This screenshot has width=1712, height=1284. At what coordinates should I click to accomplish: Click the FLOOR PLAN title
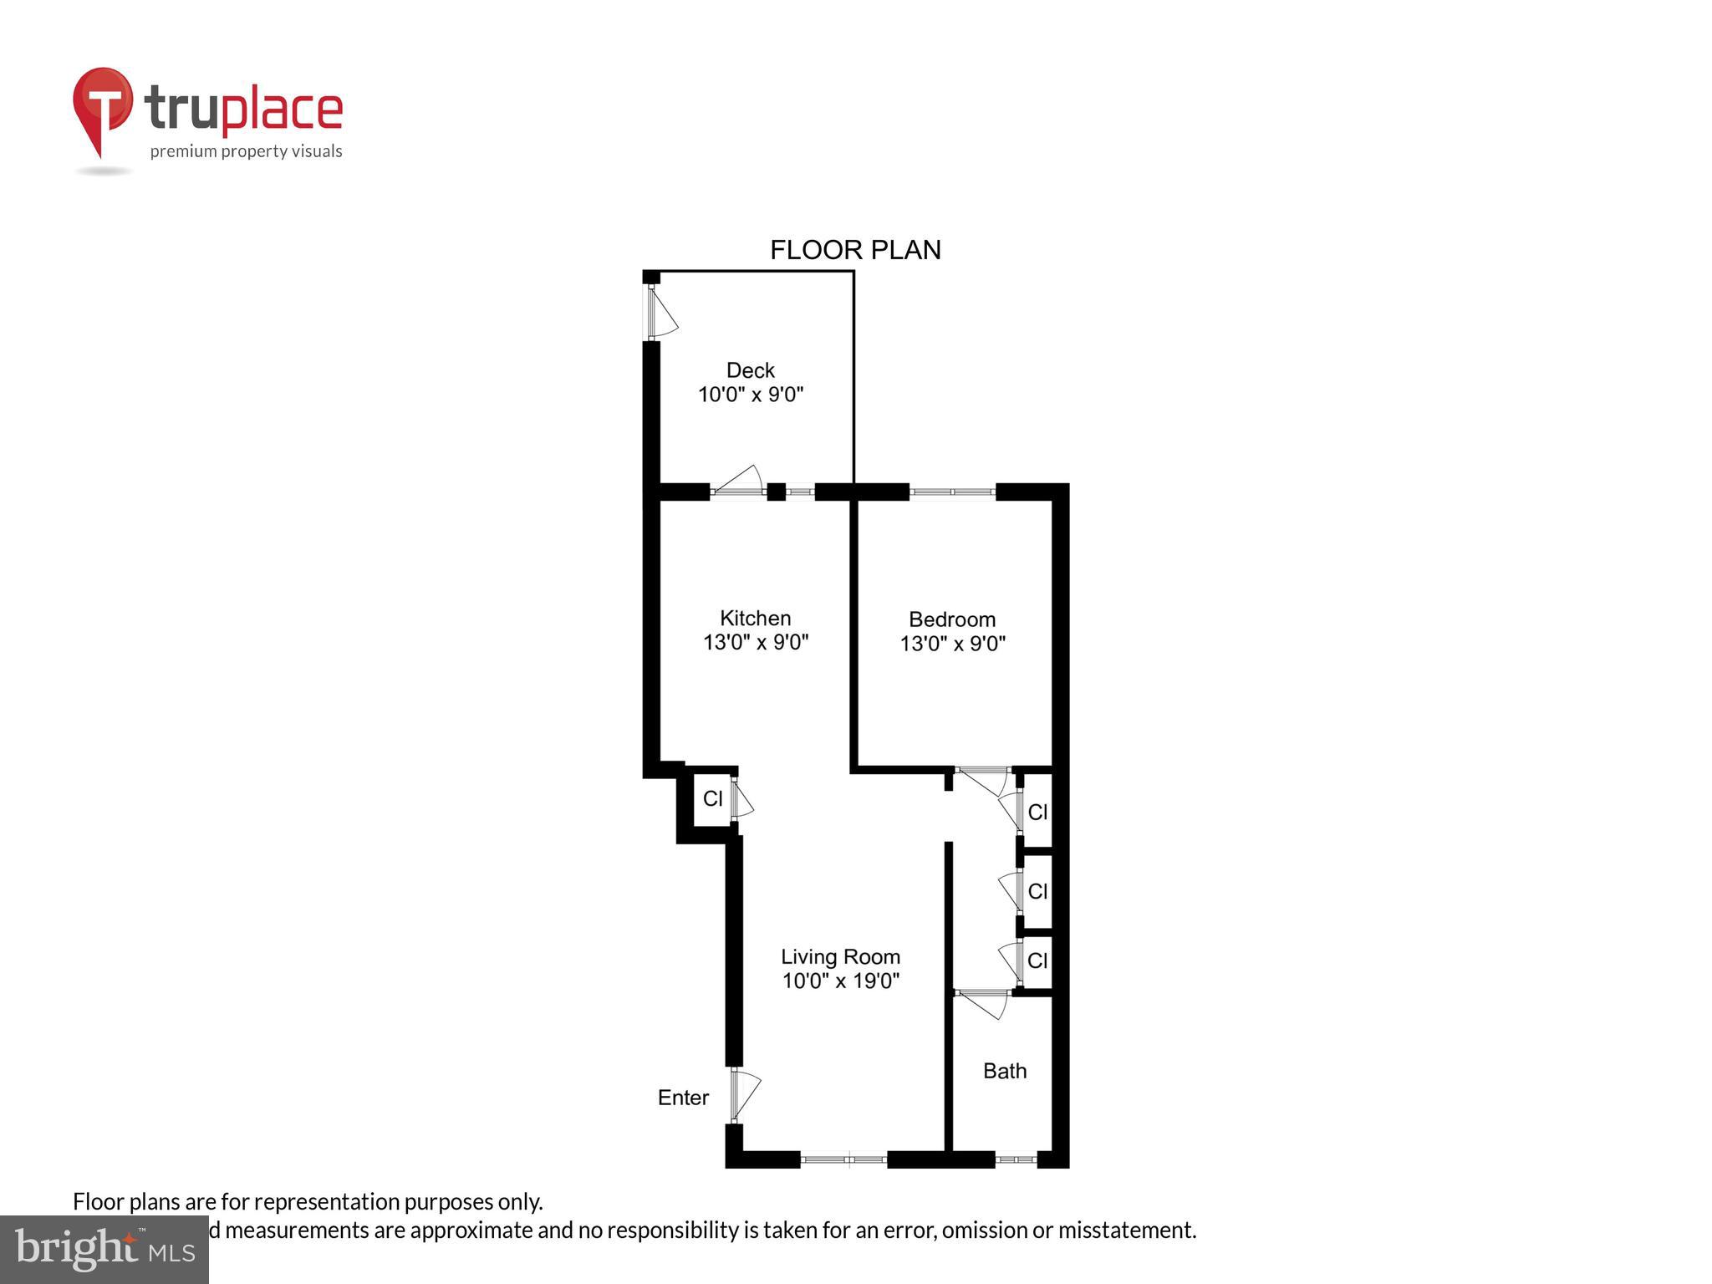854,250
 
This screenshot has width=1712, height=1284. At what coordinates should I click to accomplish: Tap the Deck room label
750,370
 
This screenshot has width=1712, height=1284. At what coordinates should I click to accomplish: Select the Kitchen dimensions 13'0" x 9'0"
756,642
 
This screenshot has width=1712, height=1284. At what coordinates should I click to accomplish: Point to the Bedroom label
952,619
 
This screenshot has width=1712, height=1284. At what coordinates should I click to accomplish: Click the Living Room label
840,957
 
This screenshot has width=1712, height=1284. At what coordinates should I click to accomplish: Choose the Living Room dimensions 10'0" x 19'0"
840,981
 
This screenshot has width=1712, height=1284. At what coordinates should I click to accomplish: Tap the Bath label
1004,1071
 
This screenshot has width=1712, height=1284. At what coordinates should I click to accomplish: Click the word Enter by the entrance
683,1098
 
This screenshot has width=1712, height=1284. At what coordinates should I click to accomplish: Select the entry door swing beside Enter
745,1094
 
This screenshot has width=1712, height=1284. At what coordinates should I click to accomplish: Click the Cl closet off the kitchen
712,799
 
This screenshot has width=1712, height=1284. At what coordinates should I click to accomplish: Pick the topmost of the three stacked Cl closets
1037,812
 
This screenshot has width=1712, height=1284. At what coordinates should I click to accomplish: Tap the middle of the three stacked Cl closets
1037,891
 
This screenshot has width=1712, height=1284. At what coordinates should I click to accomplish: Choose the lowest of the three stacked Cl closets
1037,961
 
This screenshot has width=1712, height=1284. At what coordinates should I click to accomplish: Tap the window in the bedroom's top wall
952,492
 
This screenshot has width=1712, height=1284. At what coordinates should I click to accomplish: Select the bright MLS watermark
104,1249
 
